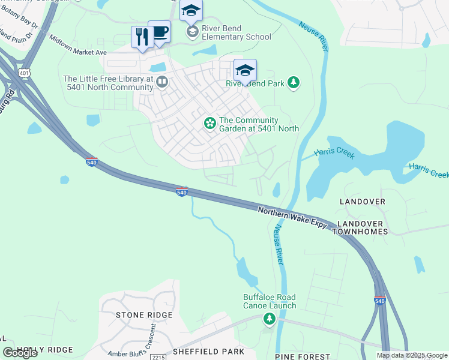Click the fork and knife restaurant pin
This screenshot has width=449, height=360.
[142, 38]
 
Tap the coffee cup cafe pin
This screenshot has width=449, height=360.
[160, 31]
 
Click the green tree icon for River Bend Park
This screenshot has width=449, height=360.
[294, 83]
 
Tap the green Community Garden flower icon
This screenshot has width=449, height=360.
[209, 123]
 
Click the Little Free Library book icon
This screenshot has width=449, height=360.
[161, 82]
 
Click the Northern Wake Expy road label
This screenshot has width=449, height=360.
[292, 217]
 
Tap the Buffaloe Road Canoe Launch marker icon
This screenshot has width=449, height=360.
[269, 319]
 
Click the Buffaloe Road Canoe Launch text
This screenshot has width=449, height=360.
[270, 301]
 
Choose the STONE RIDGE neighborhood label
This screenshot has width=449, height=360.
[139, 315]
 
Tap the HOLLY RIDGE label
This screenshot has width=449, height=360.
[44, 350]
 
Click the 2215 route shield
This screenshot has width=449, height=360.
[158, 357]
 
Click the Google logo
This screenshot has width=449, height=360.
[20, 353]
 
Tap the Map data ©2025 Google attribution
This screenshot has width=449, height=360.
[412, 355]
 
